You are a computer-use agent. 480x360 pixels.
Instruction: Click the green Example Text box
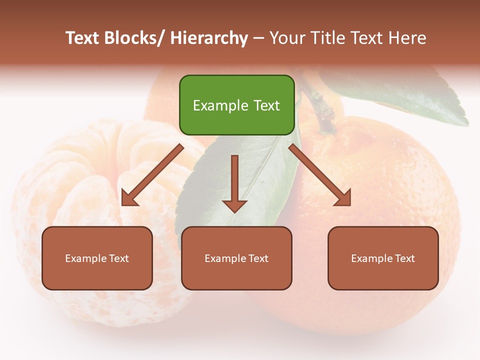coord(236,105)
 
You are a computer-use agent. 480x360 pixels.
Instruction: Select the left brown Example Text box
coord(97,258)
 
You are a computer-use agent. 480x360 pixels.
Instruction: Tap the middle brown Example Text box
coord(236,258)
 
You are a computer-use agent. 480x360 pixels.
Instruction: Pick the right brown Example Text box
coord(383,258)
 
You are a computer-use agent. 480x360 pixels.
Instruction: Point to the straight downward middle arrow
coord(234,182)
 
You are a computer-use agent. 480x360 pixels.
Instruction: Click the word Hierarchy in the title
coord(209,38)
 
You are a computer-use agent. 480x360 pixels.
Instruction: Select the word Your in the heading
coord(288,38)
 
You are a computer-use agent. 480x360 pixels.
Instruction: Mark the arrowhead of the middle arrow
coord(234,205)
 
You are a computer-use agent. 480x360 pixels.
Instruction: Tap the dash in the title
coord(258,38)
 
